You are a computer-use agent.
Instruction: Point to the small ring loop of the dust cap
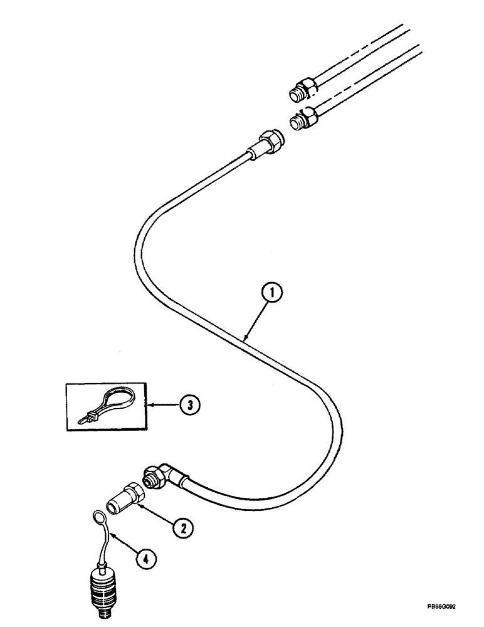tap(99, 517)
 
